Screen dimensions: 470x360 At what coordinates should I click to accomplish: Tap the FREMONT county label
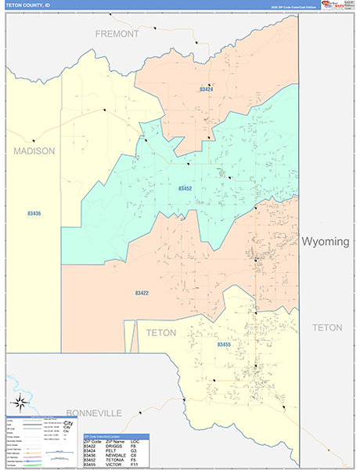[x=117, y=34]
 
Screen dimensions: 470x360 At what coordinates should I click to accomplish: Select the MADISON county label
[x=34, y=151]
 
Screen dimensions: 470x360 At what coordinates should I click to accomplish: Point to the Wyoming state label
[x=326, y=241]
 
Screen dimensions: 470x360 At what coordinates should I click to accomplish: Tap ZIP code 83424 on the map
[x=206, y=89]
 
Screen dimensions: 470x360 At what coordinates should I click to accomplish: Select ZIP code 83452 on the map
[x=185, y=188]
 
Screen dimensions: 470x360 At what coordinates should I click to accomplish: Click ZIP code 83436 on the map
[x=34, y=213]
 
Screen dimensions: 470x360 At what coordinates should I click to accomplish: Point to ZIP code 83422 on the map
[x=142, y=293]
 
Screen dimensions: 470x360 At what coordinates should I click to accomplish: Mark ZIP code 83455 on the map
[x=224, y=345]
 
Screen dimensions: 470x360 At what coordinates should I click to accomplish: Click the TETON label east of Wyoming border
[x=327, y=327]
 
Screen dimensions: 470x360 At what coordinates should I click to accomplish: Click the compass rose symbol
[x=23, y=406]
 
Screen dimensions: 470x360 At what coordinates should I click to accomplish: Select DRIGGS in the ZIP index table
[x=113, y=446]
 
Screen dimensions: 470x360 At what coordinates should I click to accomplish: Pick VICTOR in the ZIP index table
[x=112, y=465]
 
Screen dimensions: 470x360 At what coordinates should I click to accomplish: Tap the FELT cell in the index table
[x=109, y=450]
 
